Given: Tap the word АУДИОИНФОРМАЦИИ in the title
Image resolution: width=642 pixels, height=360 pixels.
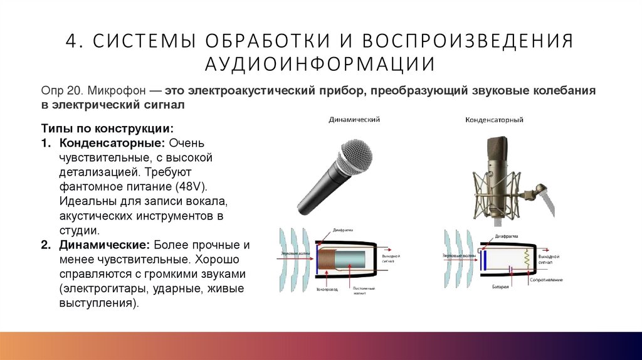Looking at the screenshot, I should click(320, 64).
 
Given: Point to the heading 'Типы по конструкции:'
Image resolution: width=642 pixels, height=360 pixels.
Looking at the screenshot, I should click(107, 129).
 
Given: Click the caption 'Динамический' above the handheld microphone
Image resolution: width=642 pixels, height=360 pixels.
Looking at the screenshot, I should click(355, 119).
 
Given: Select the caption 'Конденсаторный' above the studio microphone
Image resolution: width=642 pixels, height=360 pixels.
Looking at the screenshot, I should click(494, 120).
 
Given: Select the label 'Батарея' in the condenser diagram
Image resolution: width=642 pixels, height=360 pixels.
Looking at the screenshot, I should click(499, 285).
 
